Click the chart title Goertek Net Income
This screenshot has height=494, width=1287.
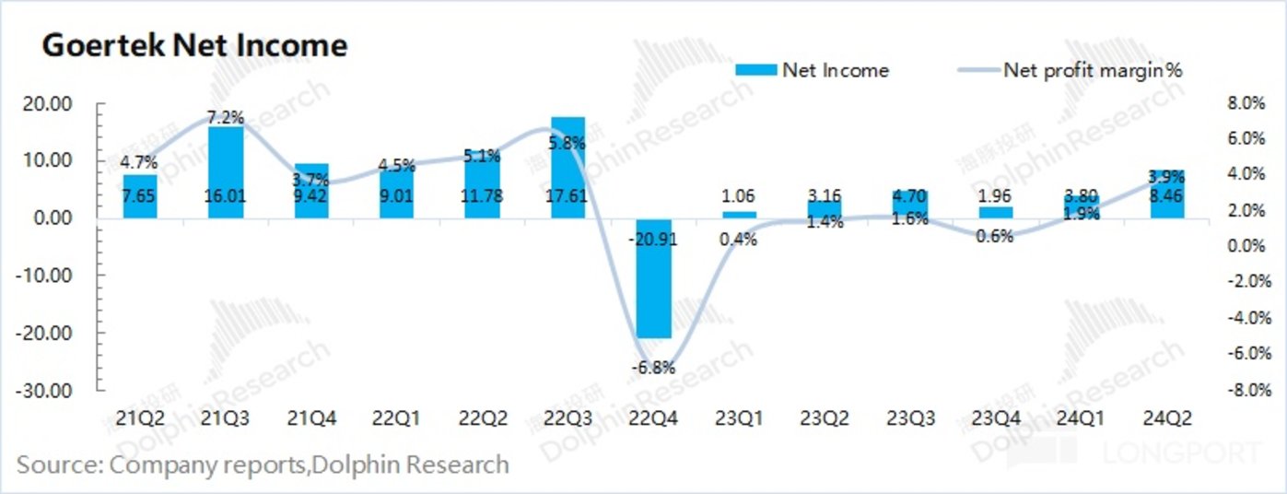tap(195, 46)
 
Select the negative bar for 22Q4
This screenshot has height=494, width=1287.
tap(653, 286)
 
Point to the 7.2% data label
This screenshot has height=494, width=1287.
tap(226, 117)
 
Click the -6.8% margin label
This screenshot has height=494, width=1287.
tap(653, 367)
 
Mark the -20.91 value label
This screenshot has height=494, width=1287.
tap(653, 239)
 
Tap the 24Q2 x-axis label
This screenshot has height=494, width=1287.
tap(1167, 418)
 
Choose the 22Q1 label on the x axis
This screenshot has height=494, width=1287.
tap(397, 418)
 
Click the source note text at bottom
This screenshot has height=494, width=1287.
tap(263, 464)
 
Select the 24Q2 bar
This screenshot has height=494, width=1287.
tap(1167, 194)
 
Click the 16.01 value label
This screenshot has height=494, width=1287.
tap(226, 194)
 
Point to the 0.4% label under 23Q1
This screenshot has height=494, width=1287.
tap(739, 240)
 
